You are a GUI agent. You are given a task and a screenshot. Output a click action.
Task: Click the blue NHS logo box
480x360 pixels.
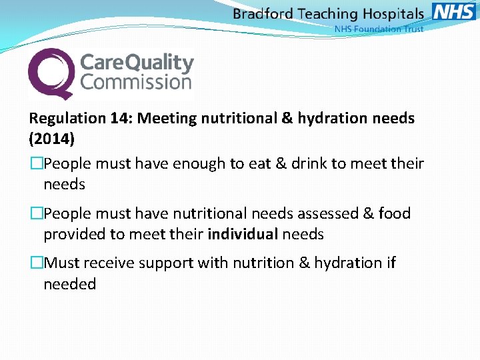pyautogui.click(x=454, y=13)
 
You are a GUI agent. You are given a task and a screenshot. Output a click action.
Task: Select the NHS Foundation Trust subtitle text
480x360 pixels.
pyautogui.click(x=379, y=29)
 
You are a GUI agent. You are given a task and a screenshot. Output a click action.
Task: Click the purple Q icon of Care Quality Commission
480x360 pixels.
pyautogui.click(x=51, y=73)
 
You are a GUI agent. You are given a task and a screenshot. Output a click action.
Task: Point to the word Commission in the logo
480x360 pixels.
pyautogui.click(x=136, y=83)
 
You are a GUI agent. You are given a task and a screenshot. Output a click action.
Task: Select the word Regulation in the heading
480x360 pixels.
pyautogui.click(x=67, y=119)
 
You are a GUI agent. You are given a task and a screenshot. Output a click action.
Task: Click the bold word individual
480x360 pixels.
pyautogui.click(x=243, y=235)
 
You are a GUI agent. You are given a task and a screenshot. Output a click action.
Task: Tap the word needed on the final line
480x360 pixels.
pyautogui.click(x=70, y=284)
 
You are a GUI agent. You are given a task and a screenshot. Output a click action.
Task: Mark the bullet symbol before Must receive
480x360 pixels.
pyautogui.click(x=36, y=263)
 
